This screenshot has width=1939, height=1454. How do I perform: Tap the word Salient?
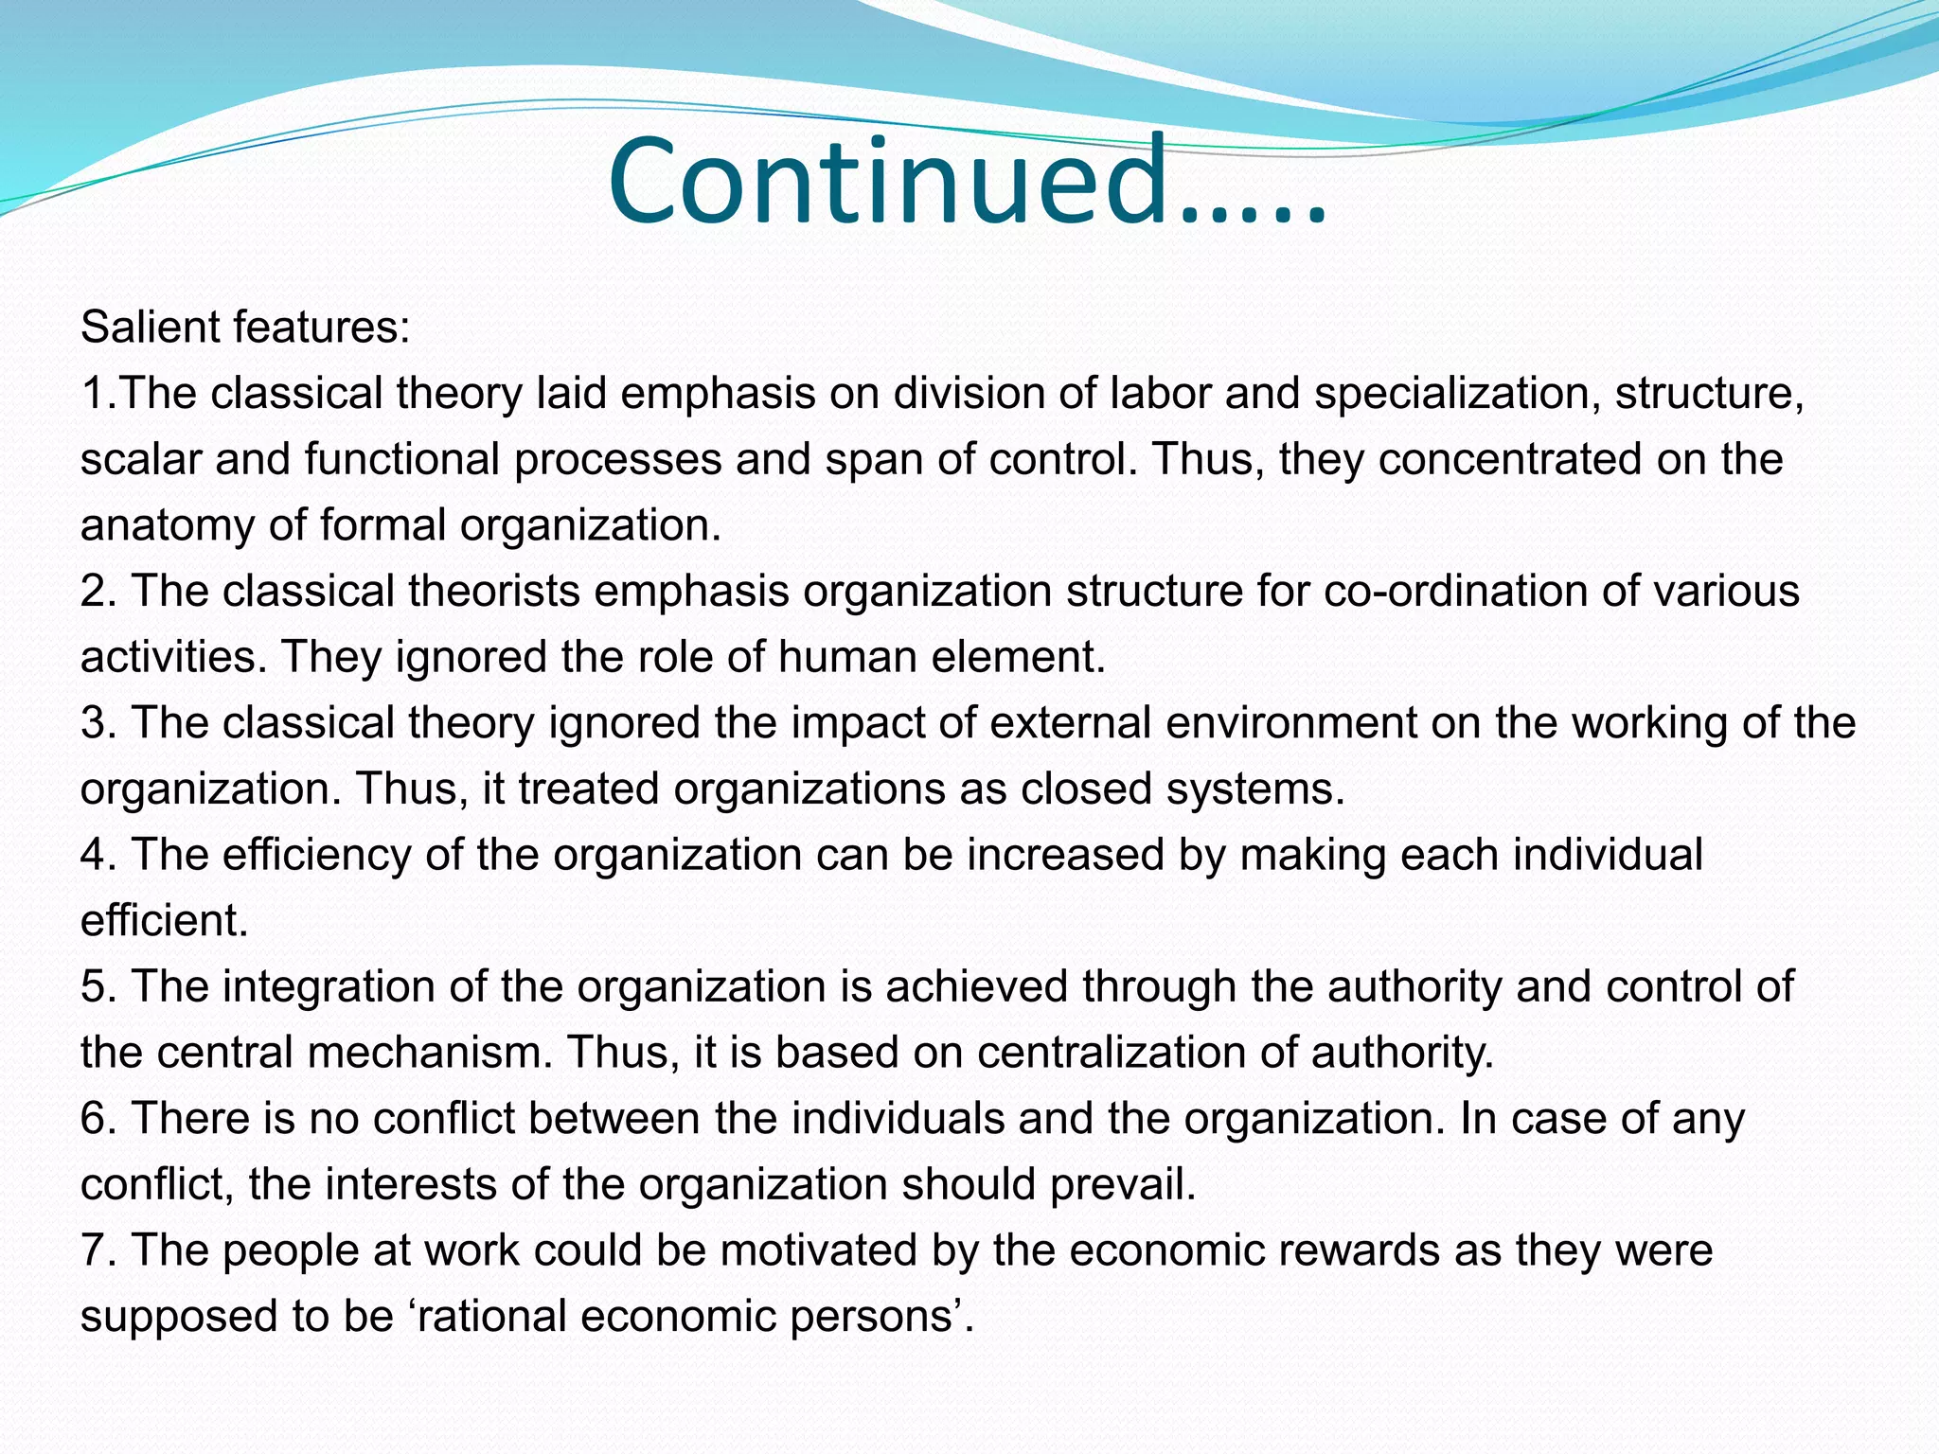pos(149,328)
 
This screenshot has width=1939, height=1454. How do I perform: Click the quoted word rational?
pos(490,1317)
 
